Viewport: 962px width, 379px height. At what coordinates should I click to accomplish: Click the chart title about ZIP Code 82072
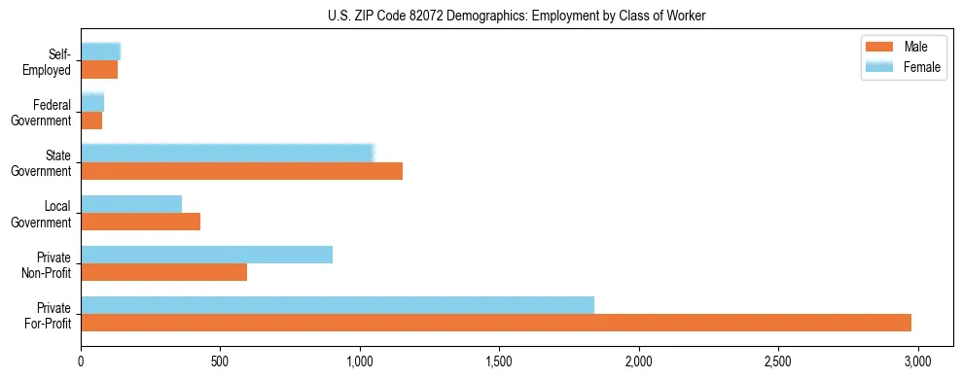click(x=481, y=16)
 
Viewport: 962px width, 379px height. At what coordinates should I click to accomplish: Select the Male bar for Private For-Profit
click(x=496, y=323)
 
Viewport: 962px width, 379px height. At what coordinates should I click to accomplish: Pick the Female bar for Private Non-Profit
click(x=207, y=255)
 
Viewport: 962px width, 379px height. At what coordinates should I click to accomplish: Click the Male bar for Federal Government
click(x=91, y=121)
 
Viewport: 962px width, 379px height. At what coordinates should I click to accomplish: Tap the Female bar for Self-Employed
click(x=100, y=52)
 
